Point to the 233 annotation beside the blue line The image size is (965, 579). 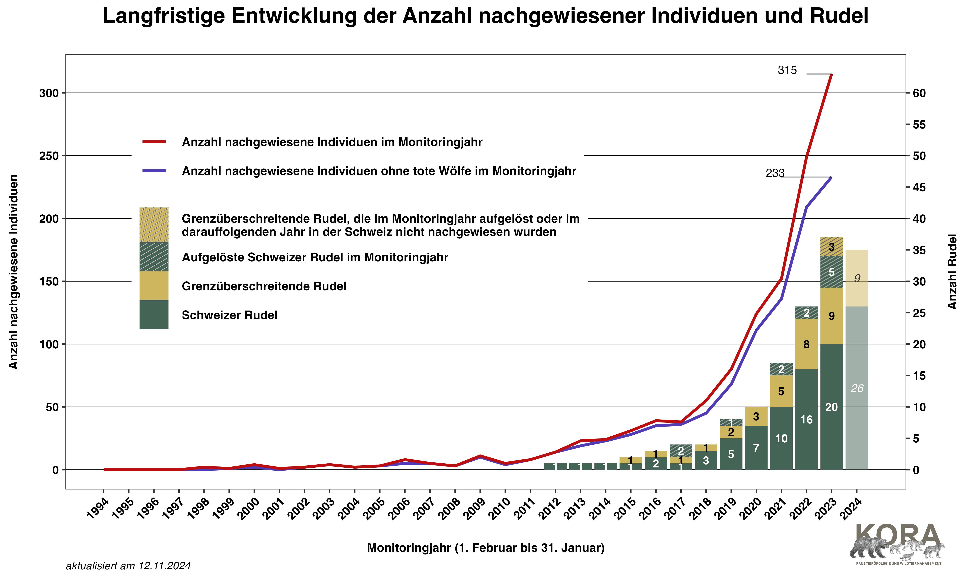pos(775,173)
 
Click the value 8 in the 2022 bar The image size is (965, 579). pos(806,345)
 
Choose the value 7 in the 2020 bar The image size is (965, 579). pos(756,448)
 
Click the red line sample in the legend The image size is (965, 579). pos(154,142)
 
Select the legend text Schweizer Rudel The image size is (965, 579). pos(229,315)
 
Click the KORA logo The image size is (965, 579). pos(897,544)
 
